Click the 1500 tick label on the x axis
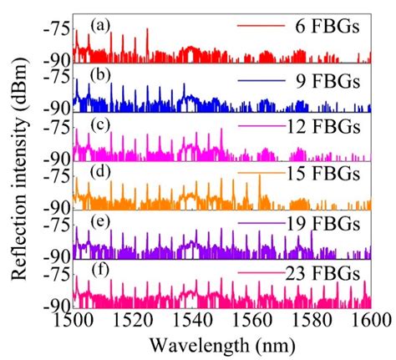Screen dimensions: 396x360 [73, 321]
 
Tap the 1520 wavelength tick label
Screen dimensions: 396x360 [133, 321]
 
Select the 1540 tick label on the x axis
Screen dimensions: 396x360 [192, 321]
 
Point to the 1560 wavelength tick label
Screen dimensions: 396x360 [252, 321]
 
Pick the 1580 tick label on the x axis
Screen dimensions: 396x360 [312, 321]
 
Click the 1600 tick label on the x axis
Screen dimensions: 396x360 [371, 321]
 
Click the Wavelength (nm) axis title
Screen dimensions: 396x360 [222, 346]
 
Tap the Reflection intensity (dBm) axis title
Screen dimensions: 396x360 [20, 169]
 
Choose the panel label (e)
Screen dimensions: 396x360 [100, 221]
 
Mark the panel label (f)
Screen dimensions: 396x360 [100, 271]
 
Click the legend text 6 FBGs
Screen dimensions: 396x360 [327, 27]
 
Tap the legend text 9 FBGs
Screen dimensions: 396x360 [327, 82]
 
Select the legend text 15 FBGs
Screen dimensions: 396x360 [323, 174]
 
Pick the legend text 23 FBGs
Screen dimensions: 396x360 [323, 274]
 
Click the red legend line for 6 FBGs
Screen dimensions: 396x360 [261, 26]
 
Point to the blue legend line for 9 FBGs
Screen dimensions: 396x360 [261, 81]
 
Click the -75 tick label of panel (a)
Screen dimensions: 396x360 [57, 29]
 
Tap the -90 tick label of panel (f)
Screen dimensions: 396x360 [57, 306]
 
